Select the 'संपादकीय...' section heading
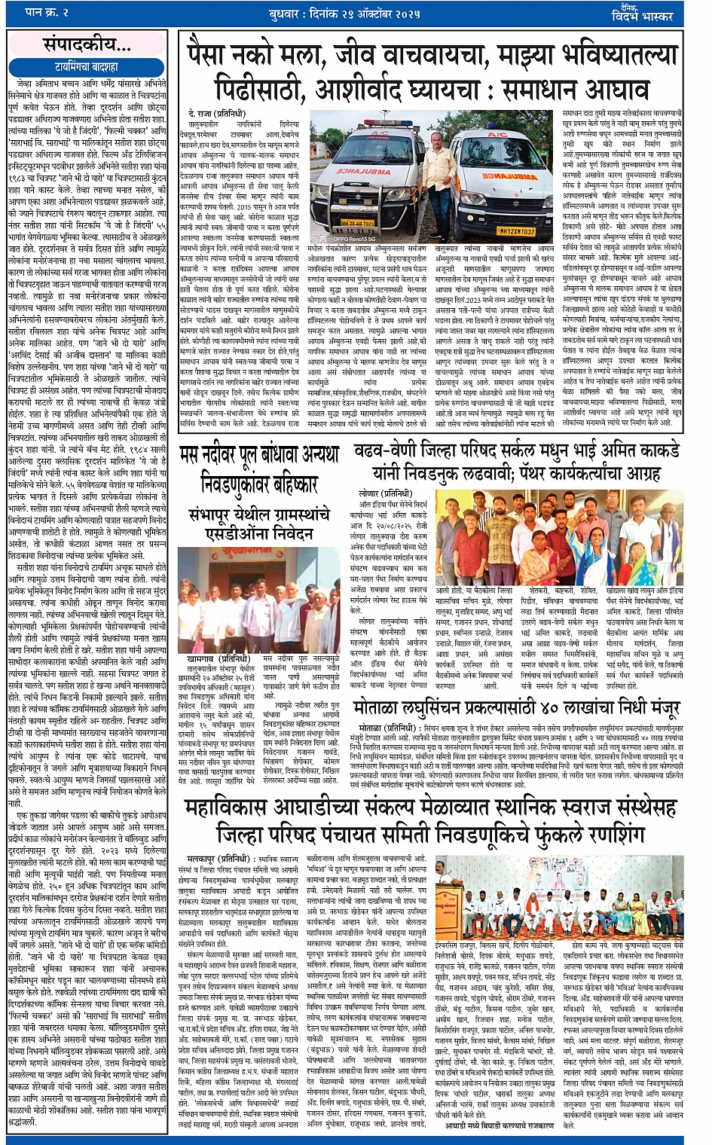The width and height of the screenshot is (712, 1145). point(86,45)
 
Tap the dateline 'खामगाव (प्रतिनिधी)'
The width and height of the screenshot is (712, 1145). point(218,658)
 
